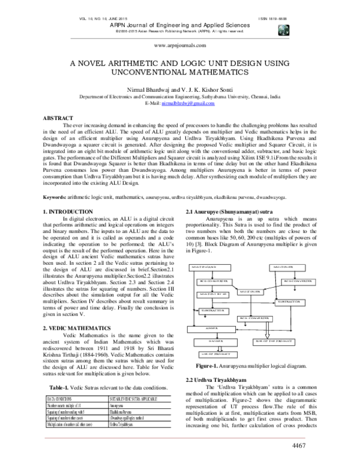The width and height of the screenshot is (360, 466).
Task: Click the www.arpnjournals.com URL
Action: (x=180, y=45)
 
